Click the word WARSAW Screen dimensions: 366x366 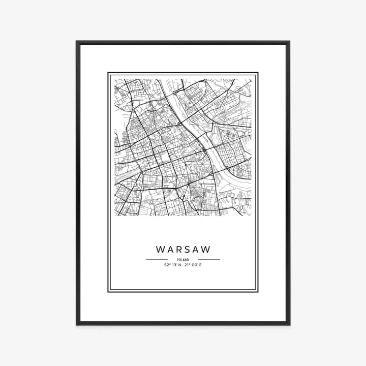tap(183, 250)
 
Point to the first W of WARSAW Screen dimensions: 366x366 tap(160, 250)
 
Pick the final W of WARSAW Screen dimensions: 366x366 tap(206, 250)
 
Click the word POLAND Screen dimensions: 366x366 tap(183, 260)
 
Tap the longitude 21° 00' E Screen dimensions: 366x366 tap(194, 265)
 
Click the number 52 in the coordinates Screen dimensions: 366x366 tap(166, 265)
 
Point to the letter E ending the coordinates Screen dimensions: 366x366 tap(201, 265)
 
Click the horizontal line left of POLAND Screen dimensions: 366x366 tap(157, 260)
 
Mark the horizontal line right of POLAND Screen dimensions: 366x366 tap(209, 260)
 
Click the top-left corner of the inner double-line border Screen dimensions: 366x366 tap(108, 73)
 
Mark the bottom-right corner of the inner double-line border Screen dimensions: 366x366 tap(258, 292)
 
